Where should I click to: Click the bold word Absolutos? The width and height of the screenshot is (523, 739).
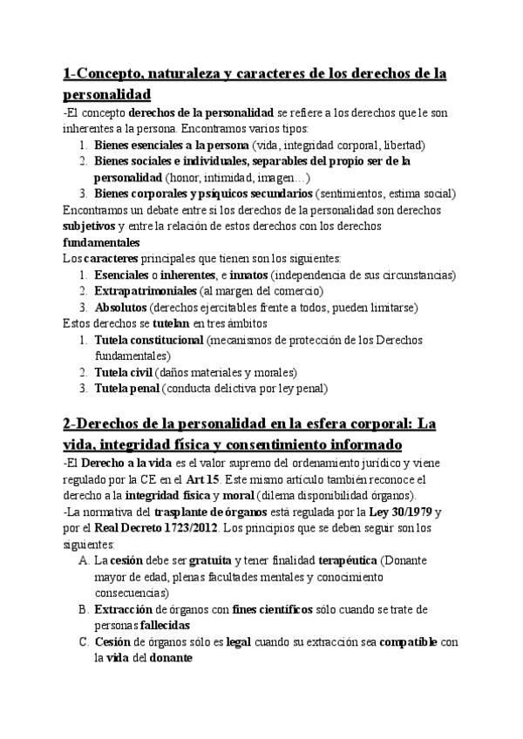point(121,307)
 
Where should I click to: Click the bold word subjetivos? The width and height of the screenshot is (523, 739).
point(90,227)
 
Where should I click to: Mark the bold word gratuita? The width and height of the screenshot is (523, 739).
point(188,559)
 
